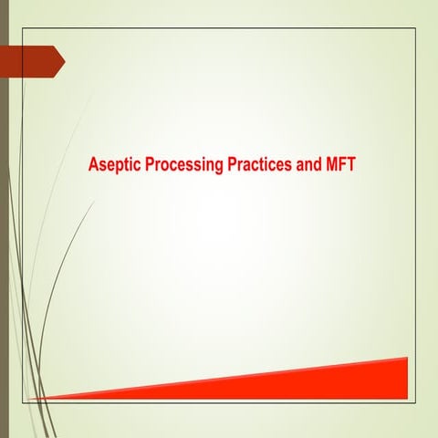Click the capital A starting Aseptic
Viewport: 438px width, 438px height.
(93, 167)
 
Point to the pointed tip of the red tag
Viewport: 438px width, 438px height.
(64, 60)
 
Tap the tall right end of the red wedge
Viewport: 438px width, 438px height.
(404, 376)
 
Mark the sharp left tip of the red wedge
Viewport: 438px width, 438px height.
(33, 399)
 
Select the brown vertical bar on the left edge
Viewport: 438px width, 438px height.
(4, 219)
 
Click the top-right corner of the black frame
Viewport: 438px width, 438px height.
(416, 28)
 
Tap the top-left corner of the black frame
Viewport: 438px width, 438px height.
(22, 28)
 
